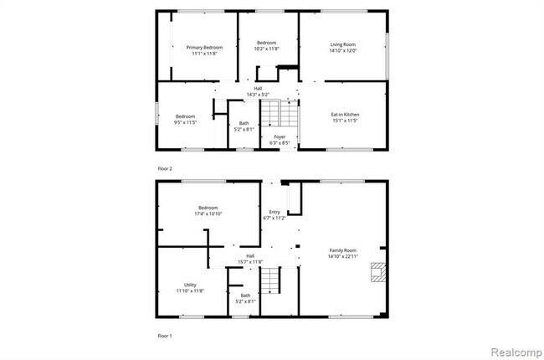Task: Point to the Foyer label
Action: [x=279, y=137]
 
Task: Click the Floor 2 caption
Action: [x=165, y=169]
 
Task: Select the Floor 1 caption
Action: [x=165, y=334]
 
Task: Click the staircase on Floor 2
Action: [x=280, y=112]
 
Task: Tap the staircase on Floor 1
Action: [x=269, y=280]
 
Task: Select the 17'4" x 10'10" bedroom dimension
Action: [x=208, y=213]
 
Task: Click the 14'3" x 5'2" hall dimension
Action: [x=258, y=94]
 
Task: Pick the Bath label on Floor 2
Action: [x=244, y=123]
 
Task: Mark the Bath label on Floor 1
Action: [x=245, y=295]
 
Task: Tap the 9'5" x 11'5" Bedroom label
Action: [x=185, y=116]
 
